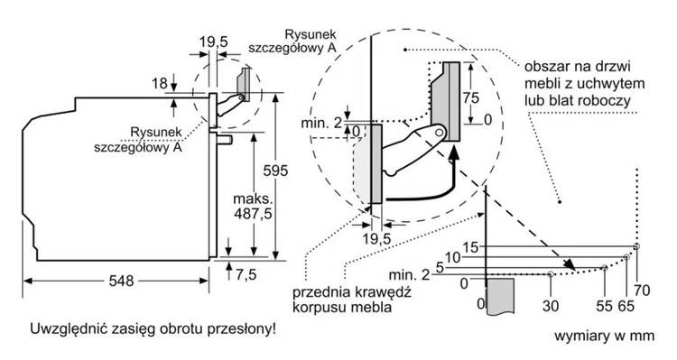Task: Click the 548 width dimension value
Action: pyautogui.click(x=121, y=281)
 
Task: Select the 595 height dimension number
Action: pyautogui.click(x=275, y=171)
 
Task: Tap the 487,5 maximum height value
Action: pyautogui.click(x=254, y=213)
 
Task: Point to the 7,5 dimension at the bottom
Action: pyautogui.click(x=246, y=274)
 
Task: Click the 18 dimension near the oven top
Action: pyautogui.click(x=159, y=83)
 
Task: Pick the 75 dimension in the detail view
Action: pyautogui.click(x=470, y=98)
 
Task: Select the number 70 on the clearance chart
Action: pyautogui.click(x=642, y=291)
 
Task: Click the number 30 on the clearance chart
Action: pyautogui.click(x=551, y=306)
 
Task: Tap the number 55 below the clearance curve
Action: pyautogui.click(x=605, y=306)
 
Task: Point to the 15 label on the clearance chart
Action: pyautogui.click(x=470, y=248)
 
